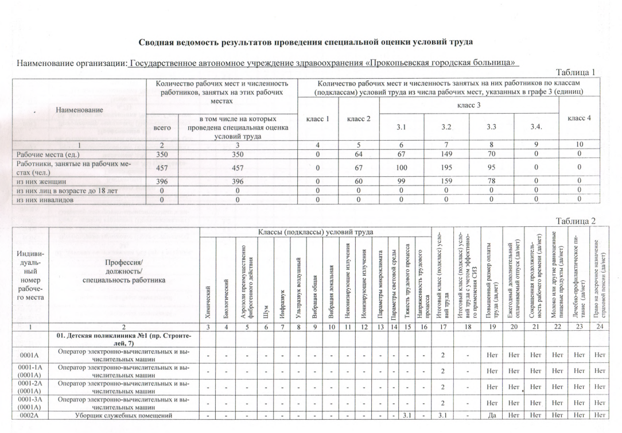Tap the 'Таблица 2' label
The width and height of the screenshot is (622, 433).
pos(576,221)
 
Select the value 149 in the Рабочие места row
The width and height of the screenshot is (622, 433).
pos(446,154)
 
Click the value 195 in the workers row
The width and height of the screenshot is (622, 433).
pos(446,167)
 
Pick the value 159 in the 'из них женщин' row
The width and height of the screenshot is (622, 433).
pos(446,181)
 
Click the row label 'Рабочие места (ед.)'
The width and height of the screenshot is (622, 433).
pos(47,154)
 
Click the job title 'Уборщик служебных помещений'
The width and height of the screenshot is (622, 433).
pos(124,415)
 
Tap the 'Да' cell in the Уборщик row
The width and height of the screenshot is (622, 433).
pos(492,415)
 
